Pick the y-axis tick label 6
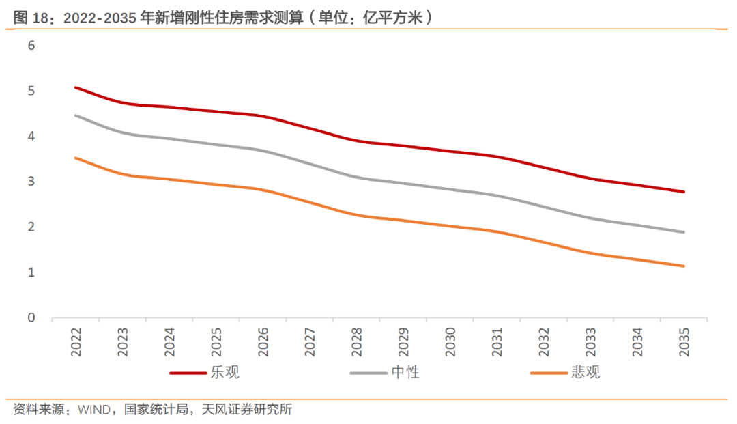31,46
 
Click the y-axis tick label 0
31,317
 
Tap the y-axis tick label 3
31,182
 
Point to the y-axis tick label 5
31,91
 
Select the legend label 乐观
225,373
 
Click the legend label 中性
405,373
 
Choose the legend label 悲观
586,373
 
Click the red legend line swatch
188,373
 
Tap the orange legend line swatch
549,373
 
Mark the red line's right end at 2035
684,192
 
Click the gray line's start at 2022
76,115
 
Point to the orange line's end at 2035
684,266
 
